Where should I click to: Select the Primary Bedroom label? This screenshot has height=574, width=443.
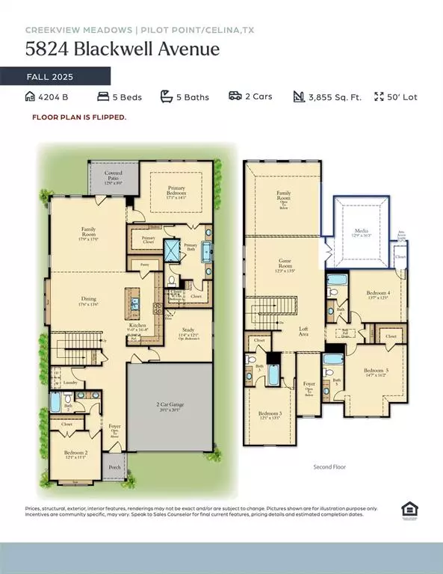click(x=176, y=191)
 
